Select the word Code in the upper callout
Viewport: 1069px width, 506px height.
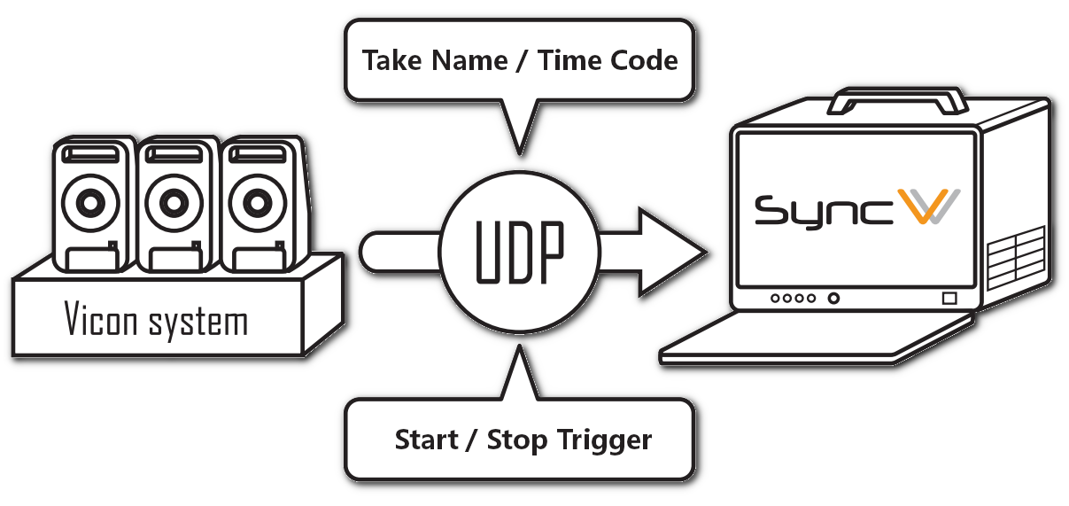pyautogui.click(x=645, y=61)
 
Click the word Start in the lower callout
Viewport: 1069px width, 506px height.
pyautogui.click(x=428, y=440)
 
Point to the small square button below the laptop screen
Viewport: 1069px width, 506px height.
pyautogui.click(x=949, y=299)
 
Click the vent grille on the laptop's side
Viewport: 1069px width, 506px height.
pyautogui.click(x=1017, y=256)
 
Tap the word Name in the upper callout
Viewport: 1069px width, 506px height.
pyautogui.click(x=484, y=61)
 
